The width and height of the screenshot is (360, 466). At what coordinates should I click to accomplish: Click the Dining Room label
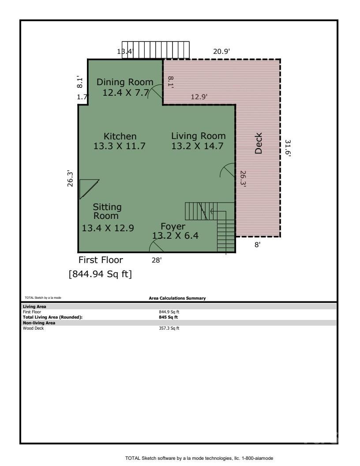[x=125, y=82]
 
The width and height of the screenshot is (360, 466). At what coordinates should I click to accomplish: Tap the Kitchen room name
[x=120, y=136]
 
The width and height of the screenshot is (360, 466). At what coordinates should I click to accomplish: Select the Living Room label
[x=198, y=136]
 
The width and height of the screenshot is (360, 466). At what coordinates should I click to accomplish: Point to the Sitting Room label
[x=107, y=211]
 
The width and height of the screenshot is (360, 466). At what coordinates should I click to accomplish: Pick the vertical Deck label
[x=259, y=143]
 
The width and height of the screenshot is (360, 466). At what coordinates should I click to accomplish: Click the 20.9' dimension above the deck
[x=221, y=52]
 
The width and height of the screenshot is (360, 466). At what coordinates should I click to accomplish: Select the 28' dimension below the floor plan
[x=157, y=260]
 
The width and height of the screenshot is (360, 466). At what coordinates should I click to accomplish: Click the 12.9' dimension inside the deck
[x=199, y=96]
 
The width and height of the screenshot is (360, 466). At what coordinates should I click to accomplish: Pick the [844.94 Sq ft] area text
[x=100, y=274]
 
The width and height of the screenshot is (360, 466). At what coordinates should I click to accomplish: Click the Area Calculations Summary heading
[x=177, y=298]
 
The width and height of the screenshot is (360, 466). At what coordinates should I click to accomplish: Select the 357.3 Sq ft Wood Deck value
[x=169, y=328]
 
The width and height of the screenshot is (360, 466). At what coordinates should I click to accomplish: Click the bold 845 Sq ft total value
[x=169, y=317]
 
